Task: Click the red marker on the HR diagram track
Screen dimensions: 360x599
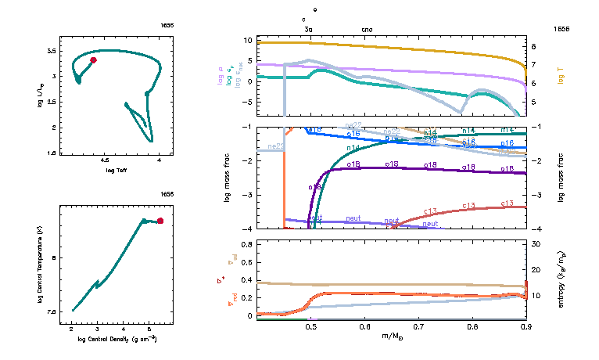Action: click(x=93, y=60)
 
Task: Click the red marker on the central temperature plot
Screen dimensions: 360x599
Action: click(x=160, y=221)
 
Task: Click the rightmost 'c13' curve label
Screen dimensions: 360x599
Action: click(x=506, y=203)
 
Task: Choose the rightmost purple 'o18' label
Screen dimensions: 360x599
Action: click(x=506, y=168)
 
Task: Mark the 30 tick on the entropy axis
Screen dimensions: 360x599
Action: click(x=537, y=244)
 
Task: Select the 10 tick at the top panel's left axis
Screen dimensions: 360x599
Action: click(x=246, y=39)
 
